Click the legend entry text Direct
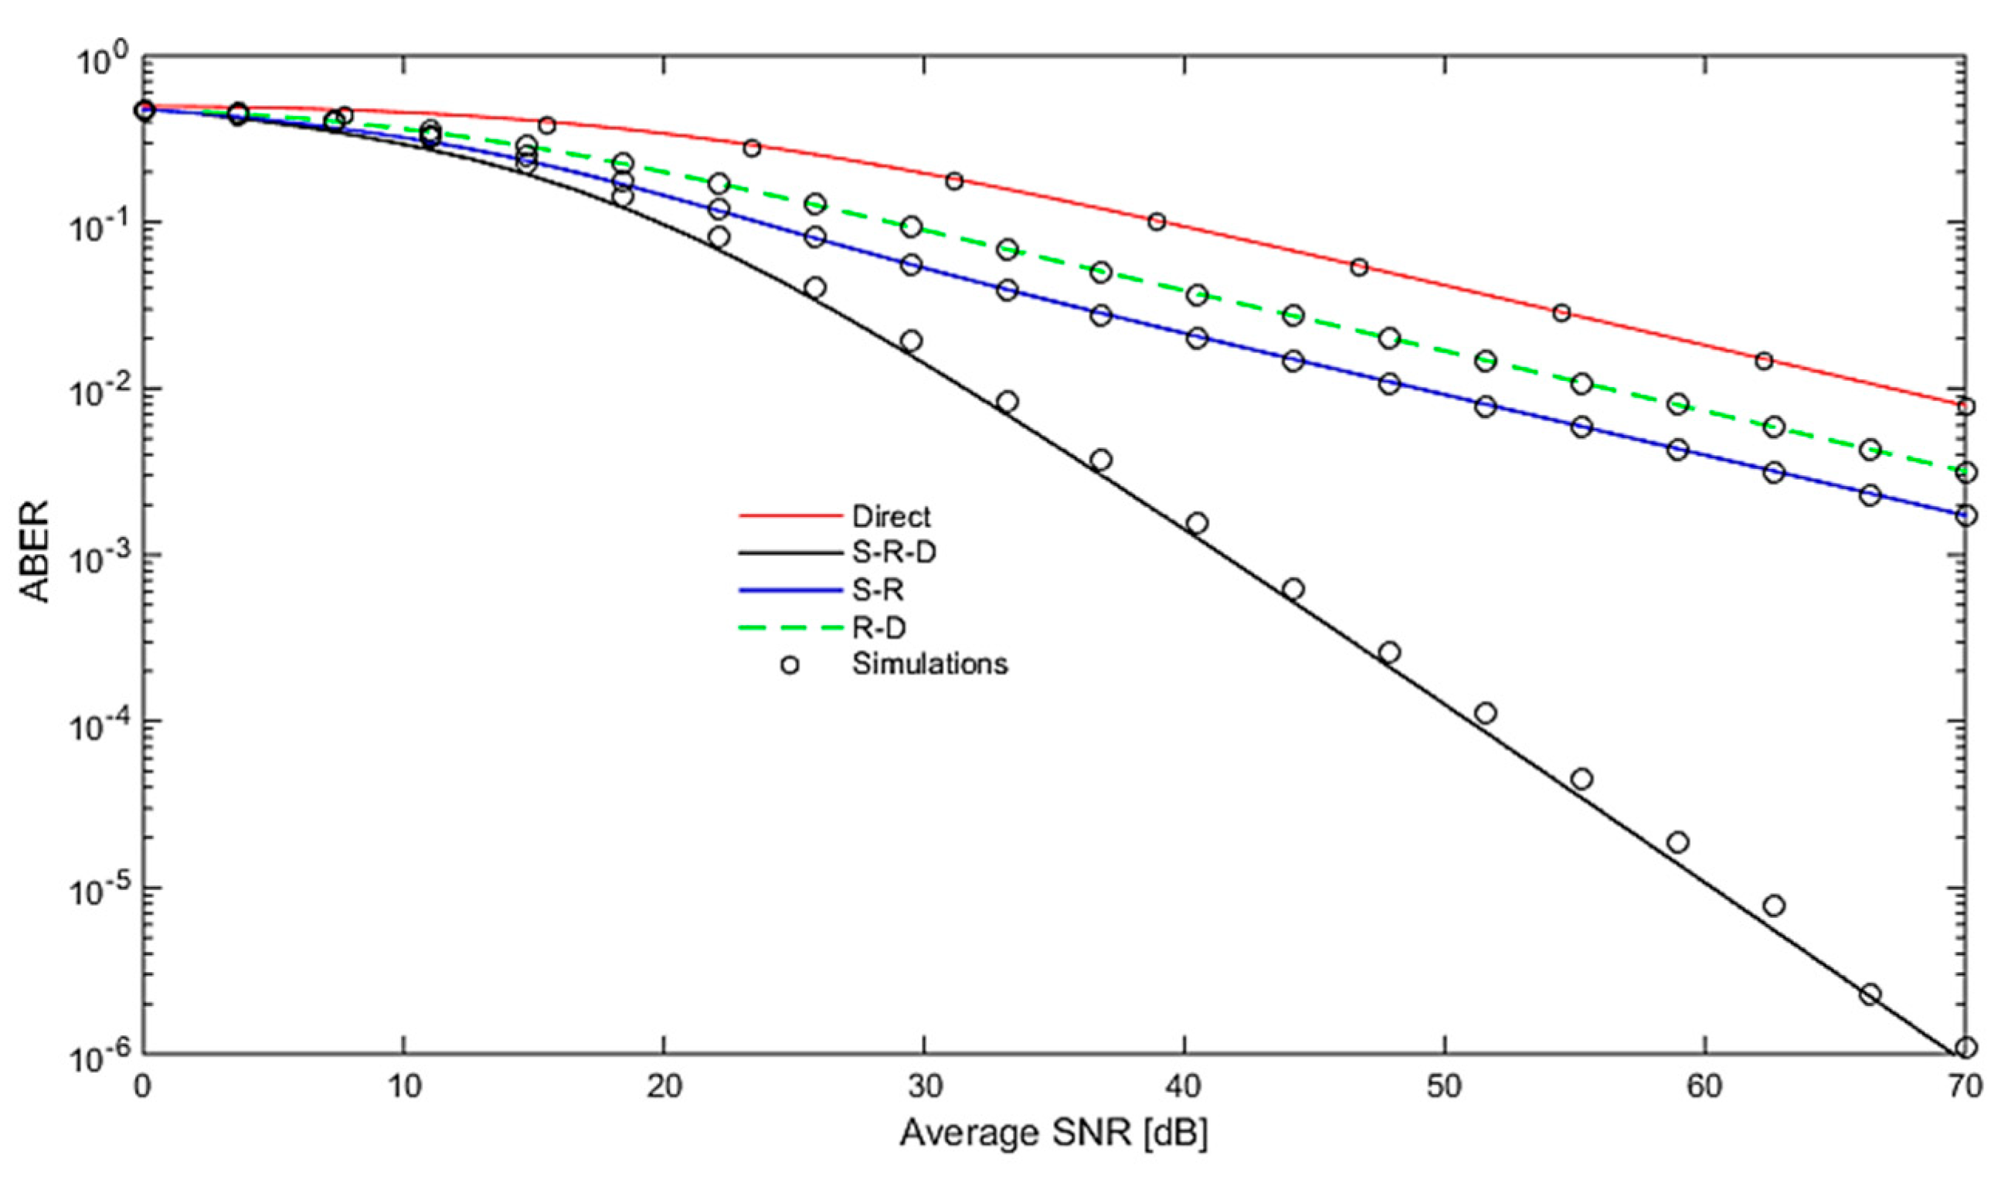[891, 517]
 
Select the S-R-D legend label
[893, 553]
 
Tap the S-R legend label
[878, 590]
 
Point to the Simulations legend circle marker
[790, 664]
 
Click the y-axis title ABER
[36, 551]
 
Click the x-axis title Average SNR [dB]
[1053, 1133]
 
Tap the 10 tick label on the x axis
[403, 1088]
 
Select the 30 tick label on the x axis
[924, 1088]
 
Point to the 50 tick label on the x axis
[1445, 1088]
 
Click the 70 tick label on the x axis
[1966, 1088]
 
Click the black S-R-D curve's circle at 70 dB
[1967, 1047]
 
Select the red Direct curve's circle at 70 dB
[1967, 406]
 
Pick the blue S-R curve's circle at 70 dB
[1967, 515]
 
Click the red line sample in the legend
[790, 517]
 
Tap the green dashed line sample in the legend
[790, 627]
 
